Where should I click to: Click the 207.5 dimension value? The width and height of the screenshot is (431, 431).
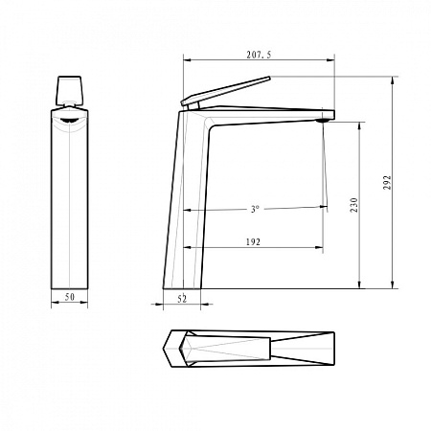(x=259, y=55)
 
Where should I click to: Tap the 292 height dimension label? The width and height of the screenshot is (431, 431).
(x=387, y=182)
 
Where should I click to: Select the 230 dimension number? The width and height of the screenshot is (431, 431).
(x=354, y=205)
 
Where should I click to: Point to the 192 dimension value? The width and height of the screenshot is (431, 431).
(x=253, y=242)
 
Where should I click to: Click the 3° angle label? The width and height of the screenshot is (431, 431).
(x=255, y=209)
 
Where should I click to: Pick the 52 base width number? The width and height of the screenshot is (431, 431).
(x=182, y=299)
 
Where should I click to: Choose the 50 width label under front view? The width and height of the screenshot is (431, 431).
(x=70, y=297)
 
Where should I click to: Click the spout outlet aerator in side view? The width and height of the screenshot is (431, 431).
(x=323, y=121)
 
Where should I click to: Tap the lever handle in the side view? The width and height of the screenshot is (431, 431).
(x=226, y=91)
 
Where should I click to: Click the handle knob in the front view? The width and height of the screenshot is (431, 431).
(x=69, y=91)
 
